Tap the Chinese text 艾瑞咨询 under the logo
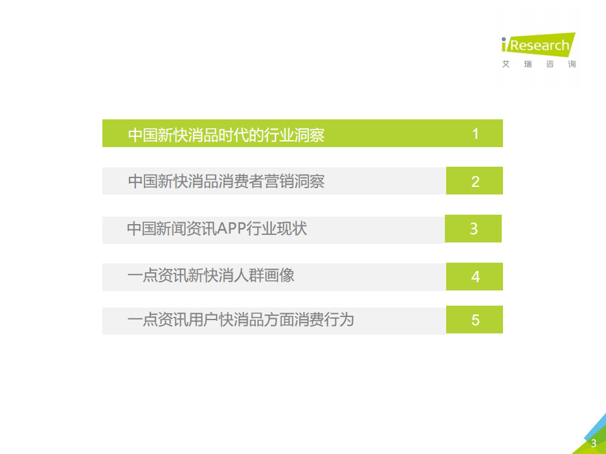[538, 64]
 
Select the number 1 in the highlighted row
[475, 134]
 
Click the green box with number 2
[475, 181]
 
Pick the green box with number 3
[473, 229]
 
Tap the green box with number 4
[475, 277]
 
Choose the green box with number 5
[475, 320]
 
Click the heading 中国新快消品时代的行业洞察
[226, 135]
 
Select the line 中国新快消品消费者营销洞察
[226, 182]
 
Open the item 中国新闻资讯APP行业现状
[217, 229]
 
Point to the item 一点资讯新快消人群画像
[210, 276]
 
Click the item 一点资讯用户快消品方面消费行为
[240, 320]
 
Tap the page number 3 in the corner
[593, 443]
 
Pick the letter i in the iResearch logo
[505, 45]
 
